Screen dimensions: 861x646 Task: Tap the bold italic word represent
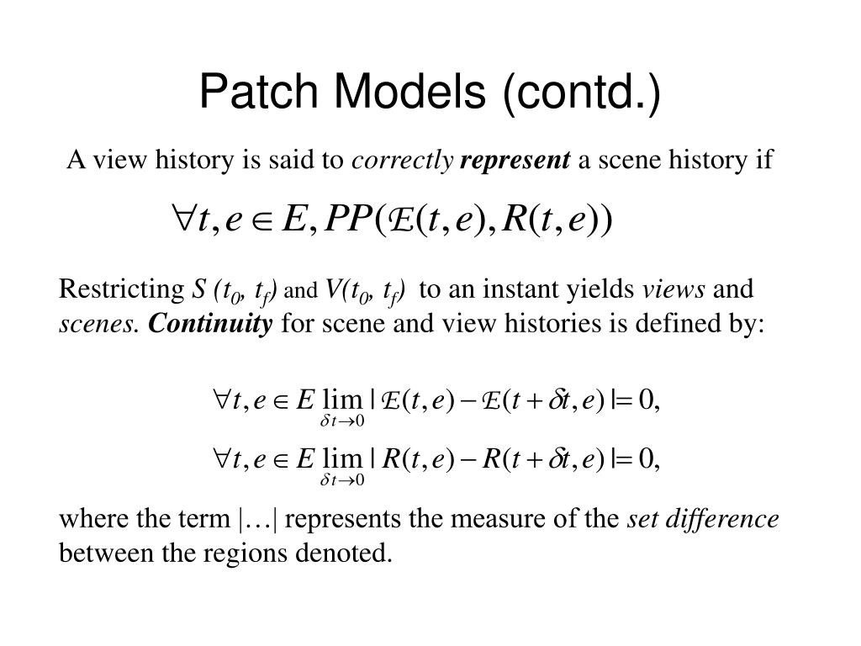pyautogui.click(x=515, y=160)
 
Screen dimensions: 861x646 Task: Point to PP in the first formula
pyautogui.click(x=349, y=220)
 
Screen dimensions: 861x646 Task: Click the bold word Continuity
pyautogui.click(x=211, y=324)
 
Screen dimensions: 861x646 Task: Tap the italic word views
pyautogui.click(x=674, y=290)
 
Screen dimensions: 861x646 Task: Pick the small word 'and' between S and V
pyautogui.click(x=304, y=293)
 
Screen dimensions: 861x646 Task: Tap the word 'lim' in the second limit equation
pyautogui.click(x=341, y=460)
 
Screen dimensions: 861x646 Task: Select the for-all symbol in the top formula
pyautogui.click(x=182, y=220)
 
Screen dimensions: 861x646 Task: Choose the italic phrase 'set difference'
pyautogui.click(x=704, y=520)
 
